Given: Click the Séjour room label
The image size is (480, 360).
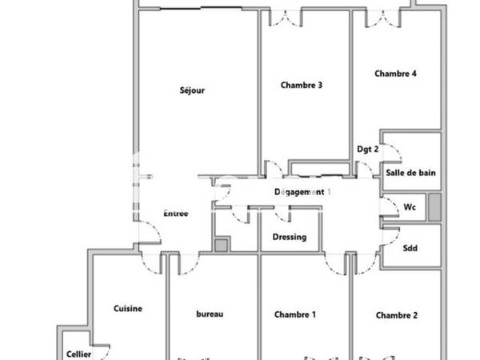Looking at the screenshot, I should (192, 90).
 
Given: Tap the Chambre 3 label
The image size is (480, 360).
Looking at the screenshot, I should (302, 86).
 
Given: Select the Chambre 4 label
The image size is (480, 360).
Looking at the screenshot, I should (396, 74).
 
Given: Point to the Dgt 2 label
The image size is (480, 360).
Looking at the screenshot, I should (367, 149).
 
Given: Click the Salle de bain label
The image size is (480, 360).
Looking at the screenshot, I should (410, 173).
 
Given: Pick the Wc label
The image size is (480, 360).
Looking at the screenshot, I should (410, 207).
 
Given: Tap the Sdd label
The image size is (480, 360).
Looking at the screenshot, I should (411, 248).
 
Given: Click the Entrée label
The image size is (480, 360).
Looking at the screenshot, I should (175, 214).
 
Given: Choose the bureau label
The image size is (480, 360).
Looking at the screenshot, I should (210, 315).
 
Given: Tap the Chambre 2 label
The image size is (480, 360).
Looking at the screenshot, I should (397, 315).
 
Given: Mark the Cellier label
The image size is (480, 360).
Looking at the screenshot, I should (78, 354).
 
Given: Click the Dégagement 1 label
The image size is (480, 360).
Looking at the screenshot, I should (302, 192).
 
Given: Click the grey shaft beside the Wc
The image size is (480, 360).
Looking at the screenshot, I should (434, 207).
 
